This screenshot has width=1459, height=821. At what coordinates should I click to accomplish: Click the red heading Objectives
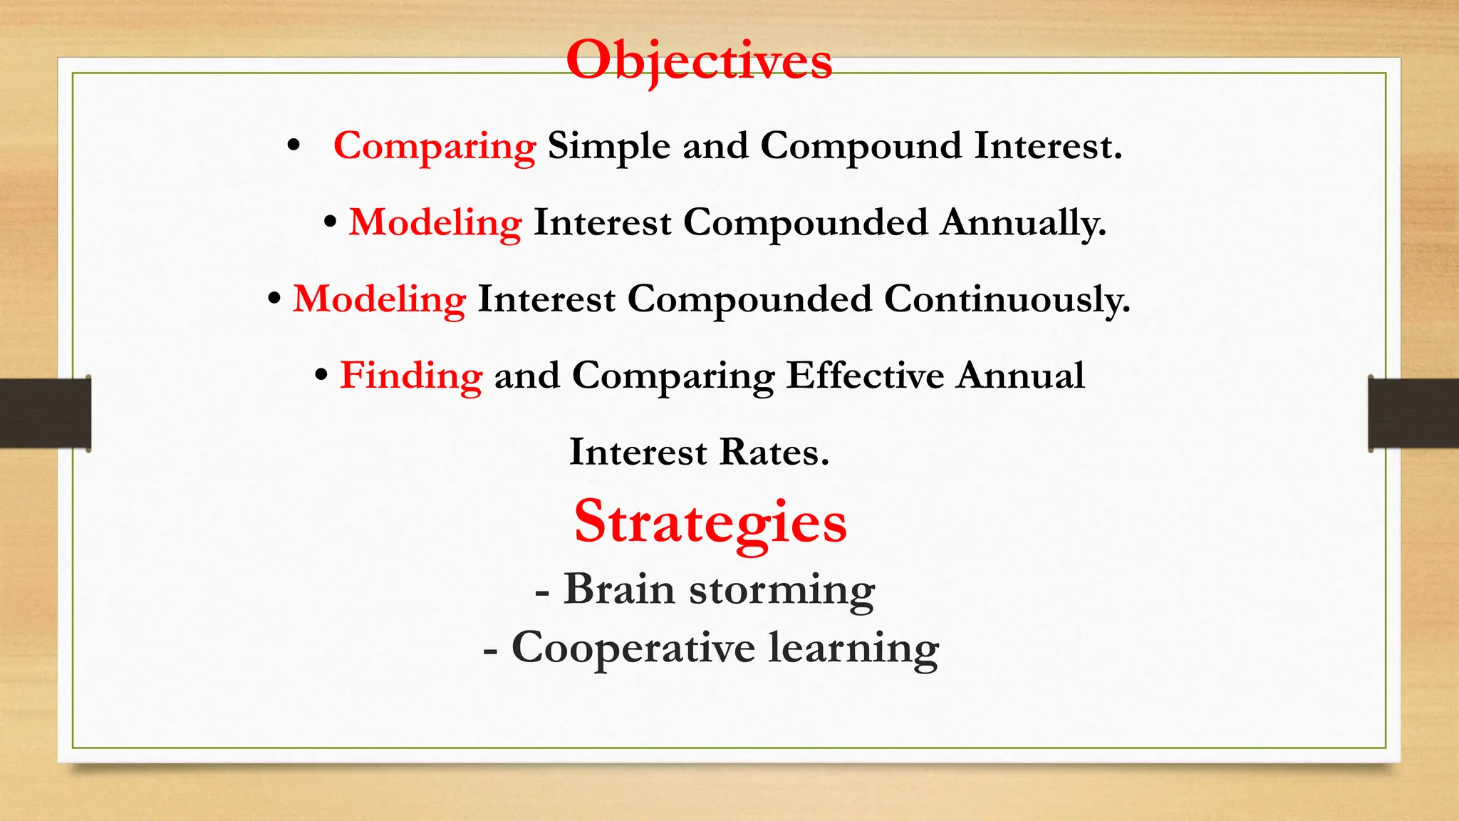pyautogui.click(x=699, y=61)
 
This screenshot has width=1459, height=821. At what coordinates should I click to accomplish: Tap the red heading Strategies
pyautogui.click(x=710, y=522)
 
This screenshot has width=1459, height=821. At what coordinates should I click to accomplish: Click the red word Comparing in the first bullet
pyautogui.click(x=435, y=146)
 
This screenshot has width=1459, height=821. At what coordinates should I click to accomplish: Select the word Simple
pyautogui.click(x=608, y=146)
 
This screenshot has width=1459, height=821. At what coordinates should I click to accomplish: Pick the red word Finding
pyautogui.click(x=411, y=375)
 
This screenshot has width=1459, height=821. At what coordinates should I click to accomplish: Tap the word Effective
pyautogui.click(x=865, y=375)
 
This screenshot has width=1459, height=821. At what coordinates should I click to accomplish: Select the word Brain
pyautogui.click(x=619, y=589)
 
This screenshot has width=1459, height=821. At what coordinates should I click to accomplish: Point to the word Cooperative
pyautogui.click(x=633, y=648)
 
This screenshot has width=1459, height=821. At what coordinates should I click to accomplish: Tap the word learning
pyautogui.click(x=853, y=649)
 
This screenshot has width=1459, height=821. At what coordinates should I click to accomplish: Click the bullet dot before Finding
pyautogui.click(x=321, y=375)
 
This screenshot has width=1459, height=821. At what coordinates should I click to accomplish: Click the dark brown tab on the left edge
pyautogui.click(x=45, y=413)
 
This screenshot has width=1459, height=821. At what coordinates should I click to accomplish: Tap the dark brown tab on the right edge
pyautogui.click(x=1413, y=413)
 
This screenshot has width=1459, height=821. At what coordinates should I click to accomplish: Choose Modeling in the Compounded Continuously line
pyautogui.click(x=379, y=299)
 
